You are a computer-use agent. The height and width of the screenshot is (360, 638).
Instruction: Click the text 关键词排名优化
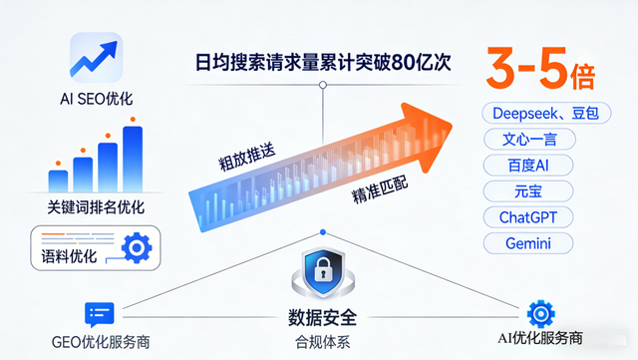point(96,207)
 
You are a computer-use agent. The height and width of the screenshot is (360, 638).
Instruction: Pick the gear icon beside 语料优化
point(135,247)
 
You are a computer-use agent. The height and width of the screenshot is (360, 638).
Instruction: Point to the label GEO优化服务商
point(100,342)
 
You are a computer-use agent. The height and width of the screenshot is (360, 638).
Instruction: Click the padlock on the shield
point(322,272)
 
